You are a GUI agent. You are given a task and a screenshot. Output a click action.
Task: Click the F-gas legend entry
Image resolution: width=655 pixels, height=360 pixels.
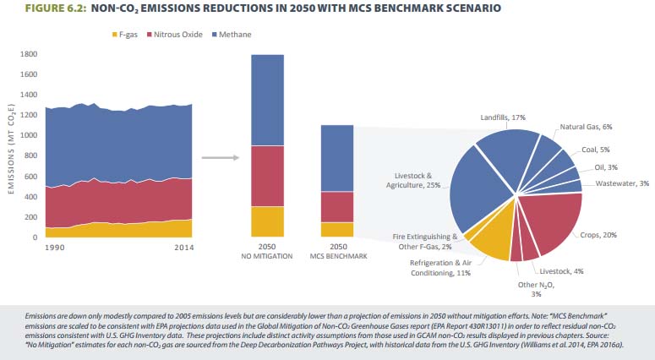tap(128, 34)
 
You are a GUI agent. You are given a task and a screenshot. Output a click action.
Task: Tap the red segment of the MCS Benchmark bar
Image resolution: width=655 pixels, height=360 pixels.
tap(336, 207)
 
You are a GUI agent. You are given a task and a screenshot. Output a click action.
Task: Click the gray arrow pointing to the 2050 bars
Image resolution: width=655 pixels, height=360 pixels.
tap(221, 157)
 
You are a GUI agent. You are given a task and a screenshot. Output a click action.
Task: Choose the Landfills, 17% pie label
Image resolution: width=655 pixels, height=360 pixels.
tap(504, 117)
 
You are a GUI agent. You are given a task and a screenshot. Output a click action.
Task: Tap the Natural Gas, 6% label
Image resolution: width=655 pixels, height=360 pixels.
tap(587, 127)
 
